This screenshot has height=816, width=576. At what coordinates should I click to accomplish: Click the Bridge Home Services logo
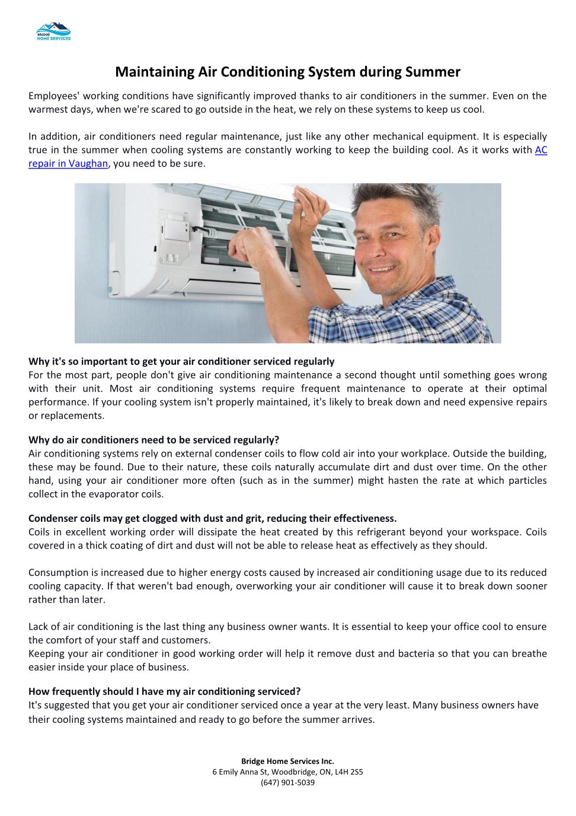pos(53,31)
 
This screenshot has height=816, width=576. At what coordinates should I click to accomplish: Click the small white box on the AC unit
pos(177,225)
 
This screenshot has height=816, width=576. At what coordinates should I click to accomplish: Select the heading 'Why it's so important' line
pos(181,362)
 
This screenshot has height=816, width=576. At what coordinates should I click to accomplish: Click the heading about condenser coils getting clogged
pos(212,519)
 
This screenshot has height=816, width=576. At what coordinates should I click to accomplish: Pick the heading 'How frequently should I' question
pos(164,691)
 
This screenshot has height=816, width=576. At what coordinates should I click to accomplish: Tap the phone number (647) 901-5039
pos(287,783)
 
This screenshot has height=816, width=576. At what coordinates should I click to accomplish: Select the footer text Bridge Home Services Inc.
pos(287,761)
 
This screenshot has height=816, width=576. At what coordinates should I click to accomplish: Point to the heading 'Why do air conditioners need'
pos(153,440)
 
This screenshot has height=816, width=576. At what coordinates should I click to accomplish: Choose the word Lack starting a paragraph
pos(39,627)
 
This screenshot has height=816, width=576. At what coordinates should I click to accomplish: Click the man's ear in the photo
pos(437,237)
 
